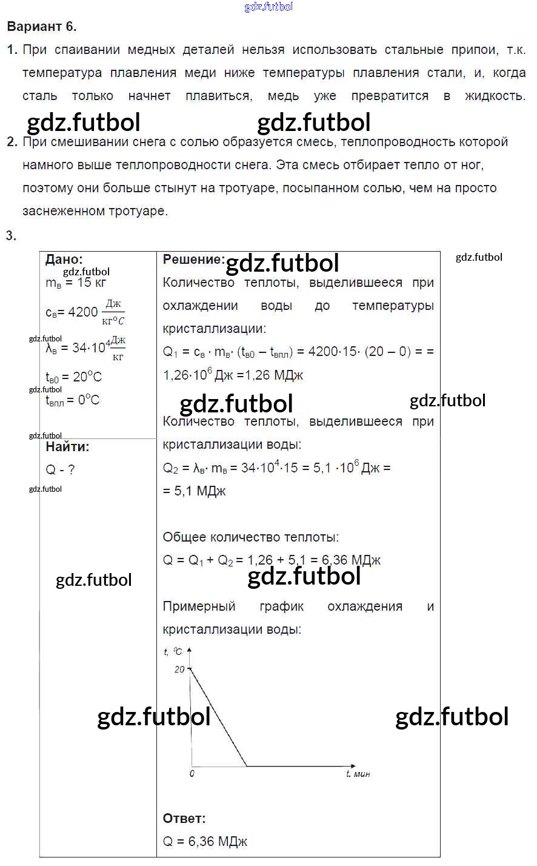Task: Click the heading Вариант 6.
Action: pos(41,27)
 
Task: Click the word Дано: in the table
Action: pos(64,260)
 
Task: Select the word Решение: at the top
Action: pos(193,260)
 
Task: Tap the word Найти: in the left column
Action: pos(67,447)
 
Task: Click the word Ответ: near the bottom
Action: pos(184,819)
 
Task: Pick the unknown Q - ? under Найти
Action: pos(60,470)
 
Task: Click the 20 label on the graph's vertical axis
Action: pos(179,670)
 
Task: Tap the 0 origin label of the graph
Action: pos(192,774)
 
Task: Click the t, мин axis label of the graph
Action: pos(358,774)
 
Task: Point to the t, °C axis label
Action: pos(173,651)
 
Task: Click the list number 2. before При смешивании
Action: pos(12,143)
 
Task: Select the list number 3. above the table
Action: pos(11,236)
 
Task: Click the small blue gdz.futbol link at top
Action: pos(268,7)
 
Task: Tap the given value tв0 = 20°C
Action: pos(73,377)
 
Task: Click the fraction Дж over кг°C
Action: pos(113,312)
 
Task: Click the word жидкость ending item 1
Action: pos(495,96)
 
